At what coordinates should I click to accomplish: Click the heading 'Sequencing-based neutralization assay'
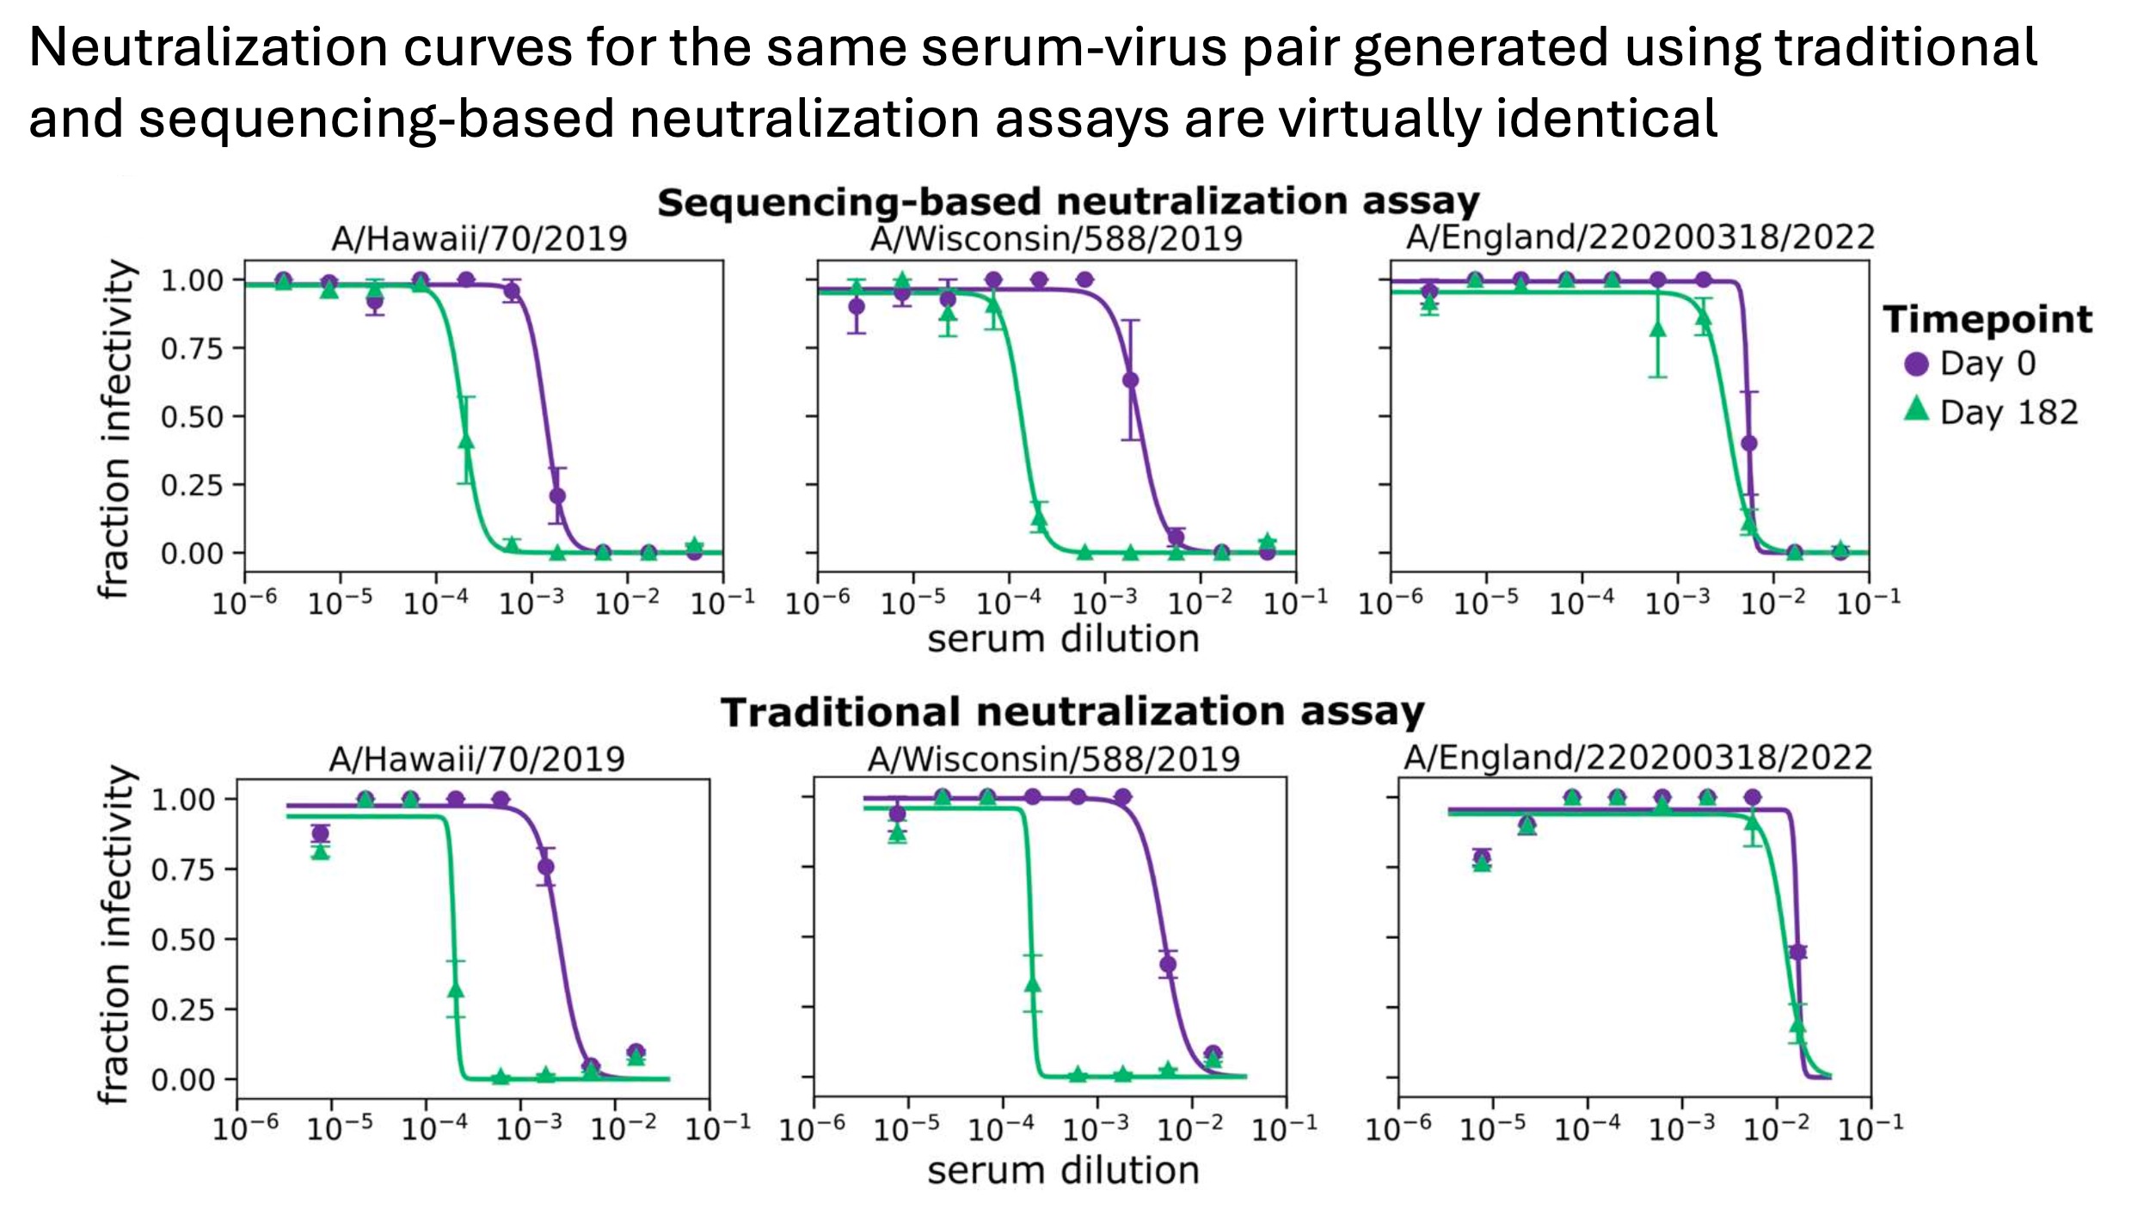[1068, 202]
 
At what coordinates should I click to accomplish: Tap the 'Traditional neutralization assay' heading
[1072, 712]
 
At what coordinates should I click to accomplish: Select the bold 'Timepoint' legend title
[1987, 319]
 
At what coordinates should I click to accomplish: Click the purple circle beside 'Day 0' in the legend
[1916, 364]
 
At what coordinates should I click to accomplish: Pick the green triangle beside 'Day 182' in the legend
[1916, 409]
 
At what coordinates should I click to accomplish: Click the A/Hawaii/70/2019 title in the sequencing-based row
[479, 238]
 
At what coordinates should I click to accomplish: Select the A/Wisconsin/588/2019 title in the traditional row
[1053, 758]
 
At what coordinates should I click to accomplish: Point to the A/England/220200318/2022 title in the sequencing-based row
[1640, 237]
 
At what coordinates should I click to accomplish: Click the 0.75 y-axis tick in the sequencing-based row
[191, 348]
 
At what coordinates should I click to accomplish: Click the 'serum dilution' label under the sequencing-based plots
[1063, 639]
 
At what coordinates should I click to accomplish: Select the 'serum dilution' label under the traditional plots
[1063, 1170]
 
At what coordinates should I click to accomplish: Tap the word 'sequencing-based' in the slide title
[377, 118]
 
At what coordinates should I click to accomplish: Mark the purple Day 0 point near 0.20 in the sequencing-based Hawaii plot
[557, 496]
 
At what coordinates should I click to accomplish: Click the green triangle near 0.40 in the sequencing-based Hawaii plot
[466, 441]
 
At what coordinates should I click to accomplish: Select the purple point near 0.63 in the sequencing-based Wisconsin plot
[1131, 380]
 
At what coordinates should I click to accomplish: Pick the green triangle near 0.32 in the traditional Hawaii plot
[456, 991]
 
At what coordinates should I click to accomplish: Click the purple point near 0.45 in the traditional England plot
[1797, 952]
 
